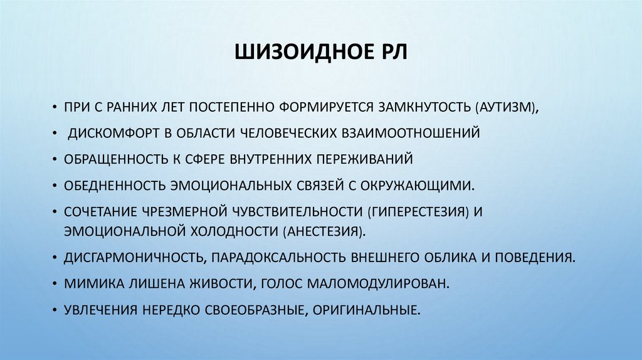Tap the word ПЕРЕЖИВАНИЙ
tap(364, 159)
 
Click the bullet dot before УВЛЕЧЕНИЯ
tap(55, 309)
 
